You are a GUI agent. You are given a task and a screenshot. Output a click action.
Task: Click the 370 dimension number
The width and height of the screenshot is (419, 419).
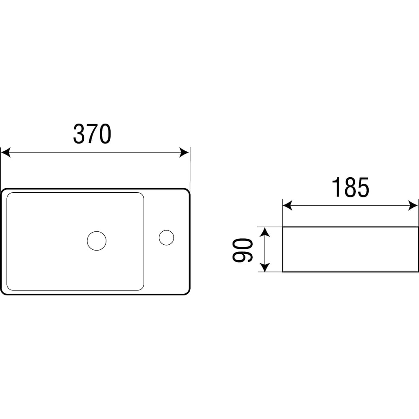click(x=92, y=134)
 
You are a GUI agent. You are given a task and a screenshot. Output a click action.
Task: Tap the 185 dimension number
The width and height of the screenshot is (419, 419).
click(x=350, y=187)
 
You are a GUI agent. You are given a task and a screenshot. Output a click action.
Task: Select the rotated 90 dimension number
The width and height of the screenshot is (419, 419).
click(x=242, y=250)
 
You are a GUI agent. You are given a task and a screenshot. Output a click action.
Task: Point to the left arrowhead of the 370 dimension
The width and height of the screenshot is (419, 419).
click(x=5, y=153)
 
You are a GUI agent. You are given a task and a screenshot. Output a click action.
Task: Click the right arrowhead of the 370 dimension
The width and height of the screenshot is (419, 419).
click(x=184, y=153)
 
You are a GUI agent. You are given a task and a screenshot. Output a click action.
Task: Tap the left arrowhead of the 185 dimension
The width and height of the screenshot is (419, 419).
click(x=287, y=206)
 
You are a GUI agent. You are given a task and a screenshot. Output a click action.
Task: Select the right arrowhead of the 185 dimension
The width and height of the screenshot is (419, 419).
click(x=413, y=206)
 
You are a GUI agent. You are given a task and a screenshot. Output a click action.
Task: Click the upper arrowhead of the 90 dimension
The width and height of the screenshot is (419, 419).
click(x=264, y=232)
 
